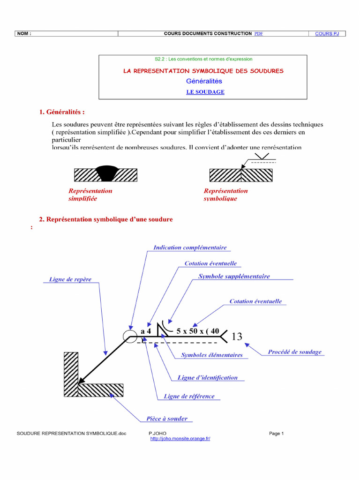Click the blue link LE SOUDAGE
tap(205, 92)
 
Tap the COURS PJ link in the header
tap(327, 34)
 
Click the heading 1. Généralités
tap(62, 112)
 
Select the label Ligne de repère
tap(70, 279)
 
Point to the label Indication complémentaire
tap(190, 247)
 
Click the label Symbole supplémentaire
tap(234, 277)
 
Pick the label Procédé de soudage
tap(295, 352)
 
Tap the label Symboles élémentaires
tap(212, 355)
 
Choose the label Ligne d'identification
tap(208, 378)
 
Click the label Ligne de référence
tap(189, 397)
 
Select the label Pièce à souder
tap(167, 419)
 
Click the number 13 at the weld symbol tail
tap(237, 337)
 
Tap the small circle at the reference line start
tap(128, 336)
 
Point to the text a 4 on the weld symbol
tap(146, 331)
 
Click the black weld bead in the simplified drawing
tap(106, 172)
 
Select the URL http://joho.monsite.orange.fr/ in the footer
tap(180, 439)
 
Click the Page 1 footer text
tap(277, 434)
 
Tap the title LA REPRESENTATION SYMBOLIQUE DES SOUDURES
tap(203, 71)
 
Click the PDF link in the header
tap(258, 34)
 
